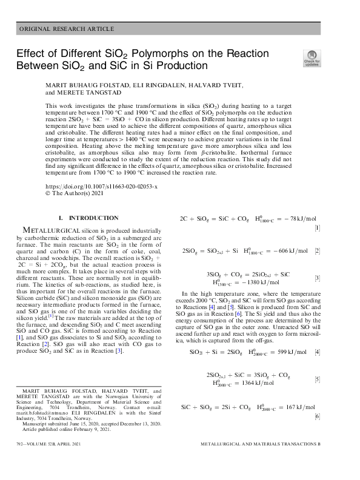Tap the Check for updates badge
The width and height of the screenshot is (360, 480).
(x=312, y=58)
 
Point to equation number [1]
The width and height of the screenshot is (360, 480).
(x=334, y=228)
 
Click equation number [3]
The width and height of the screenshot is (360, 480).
(x=334, y=278)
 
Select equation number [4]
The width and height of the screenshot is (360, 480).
(x=334, y=352)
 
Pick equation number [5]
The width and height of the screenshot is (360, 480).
(x=334, y=379)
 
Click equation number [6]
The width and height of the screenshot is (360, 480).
(x=334, y=416)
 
